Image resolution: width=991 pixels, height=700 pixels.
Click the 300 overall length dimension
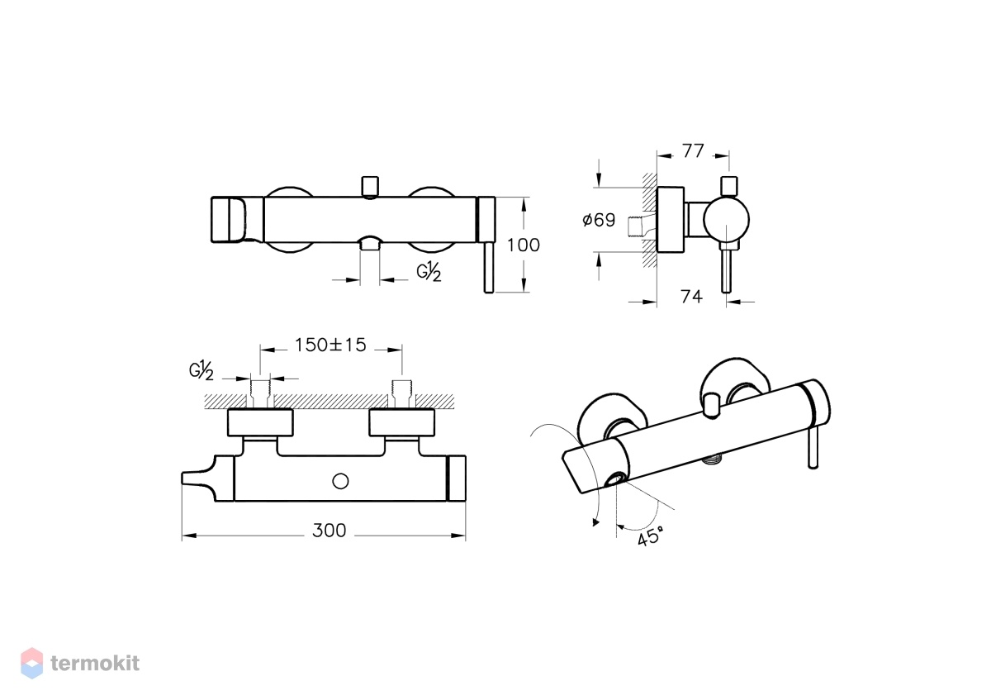330,531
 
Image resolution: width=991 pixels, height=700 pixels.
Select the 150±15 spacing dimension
330,345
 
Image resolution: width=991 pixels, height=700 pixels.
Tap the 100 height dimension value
524,245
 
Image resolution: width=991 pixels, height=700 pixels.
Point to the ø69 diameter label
599,220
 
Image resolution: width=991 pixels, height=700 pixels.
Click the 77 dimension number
693,151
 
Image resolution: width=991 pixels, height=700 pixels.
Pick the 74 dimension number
691,297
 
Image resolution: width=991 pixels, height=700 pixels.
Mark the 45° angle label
651,537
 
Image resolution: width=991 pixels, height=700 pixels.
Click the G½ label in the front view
429,271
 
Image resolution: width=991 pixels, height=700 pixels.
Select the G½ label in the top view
202,370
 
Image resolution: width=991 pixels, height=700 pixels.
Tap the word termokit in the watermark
95,663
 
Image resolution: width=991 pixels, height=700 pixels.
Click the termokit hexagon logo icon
32,663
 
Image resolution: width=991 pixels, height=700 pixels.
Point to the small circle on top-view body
340,481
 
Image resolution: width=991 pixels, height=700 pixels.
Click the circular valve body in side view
727,220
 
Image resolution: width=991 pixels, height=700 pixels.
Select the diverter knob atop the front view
370,186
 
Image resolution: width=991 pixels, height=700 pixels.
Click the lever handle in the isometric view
813,448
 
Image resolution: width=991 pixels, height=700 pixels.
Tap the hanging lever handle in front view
488,268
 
